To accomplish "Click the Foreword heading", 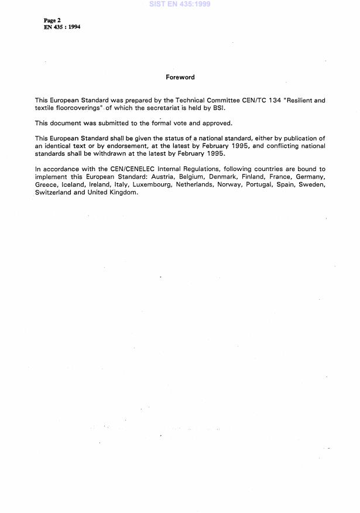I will pos(180,77).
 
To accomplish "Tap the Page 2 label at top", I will pos(44,20).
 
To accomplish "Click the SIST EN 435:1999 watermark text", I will pos(180,4).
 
